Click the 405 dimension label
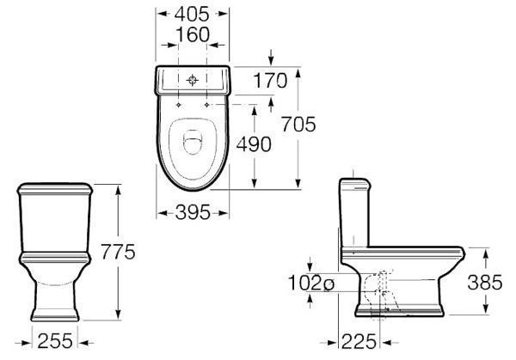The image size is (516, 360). point(192,14)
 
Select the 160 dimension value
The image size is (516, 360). point(193,34)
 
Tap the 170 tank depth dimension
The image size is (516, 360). point(270,81)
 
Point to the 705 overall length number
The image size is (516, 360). point(298,125)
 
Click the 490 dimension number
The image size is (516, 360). point(254,144)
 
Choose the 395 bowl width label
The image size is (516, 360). point(193,212)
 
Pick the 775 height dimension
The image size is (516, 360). point(118,252)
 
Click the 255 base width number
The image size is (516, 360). point(55,341)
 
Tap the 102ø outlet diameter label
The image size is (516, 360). point(311,283)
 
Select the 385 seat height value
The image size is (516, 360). point(485,283)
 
